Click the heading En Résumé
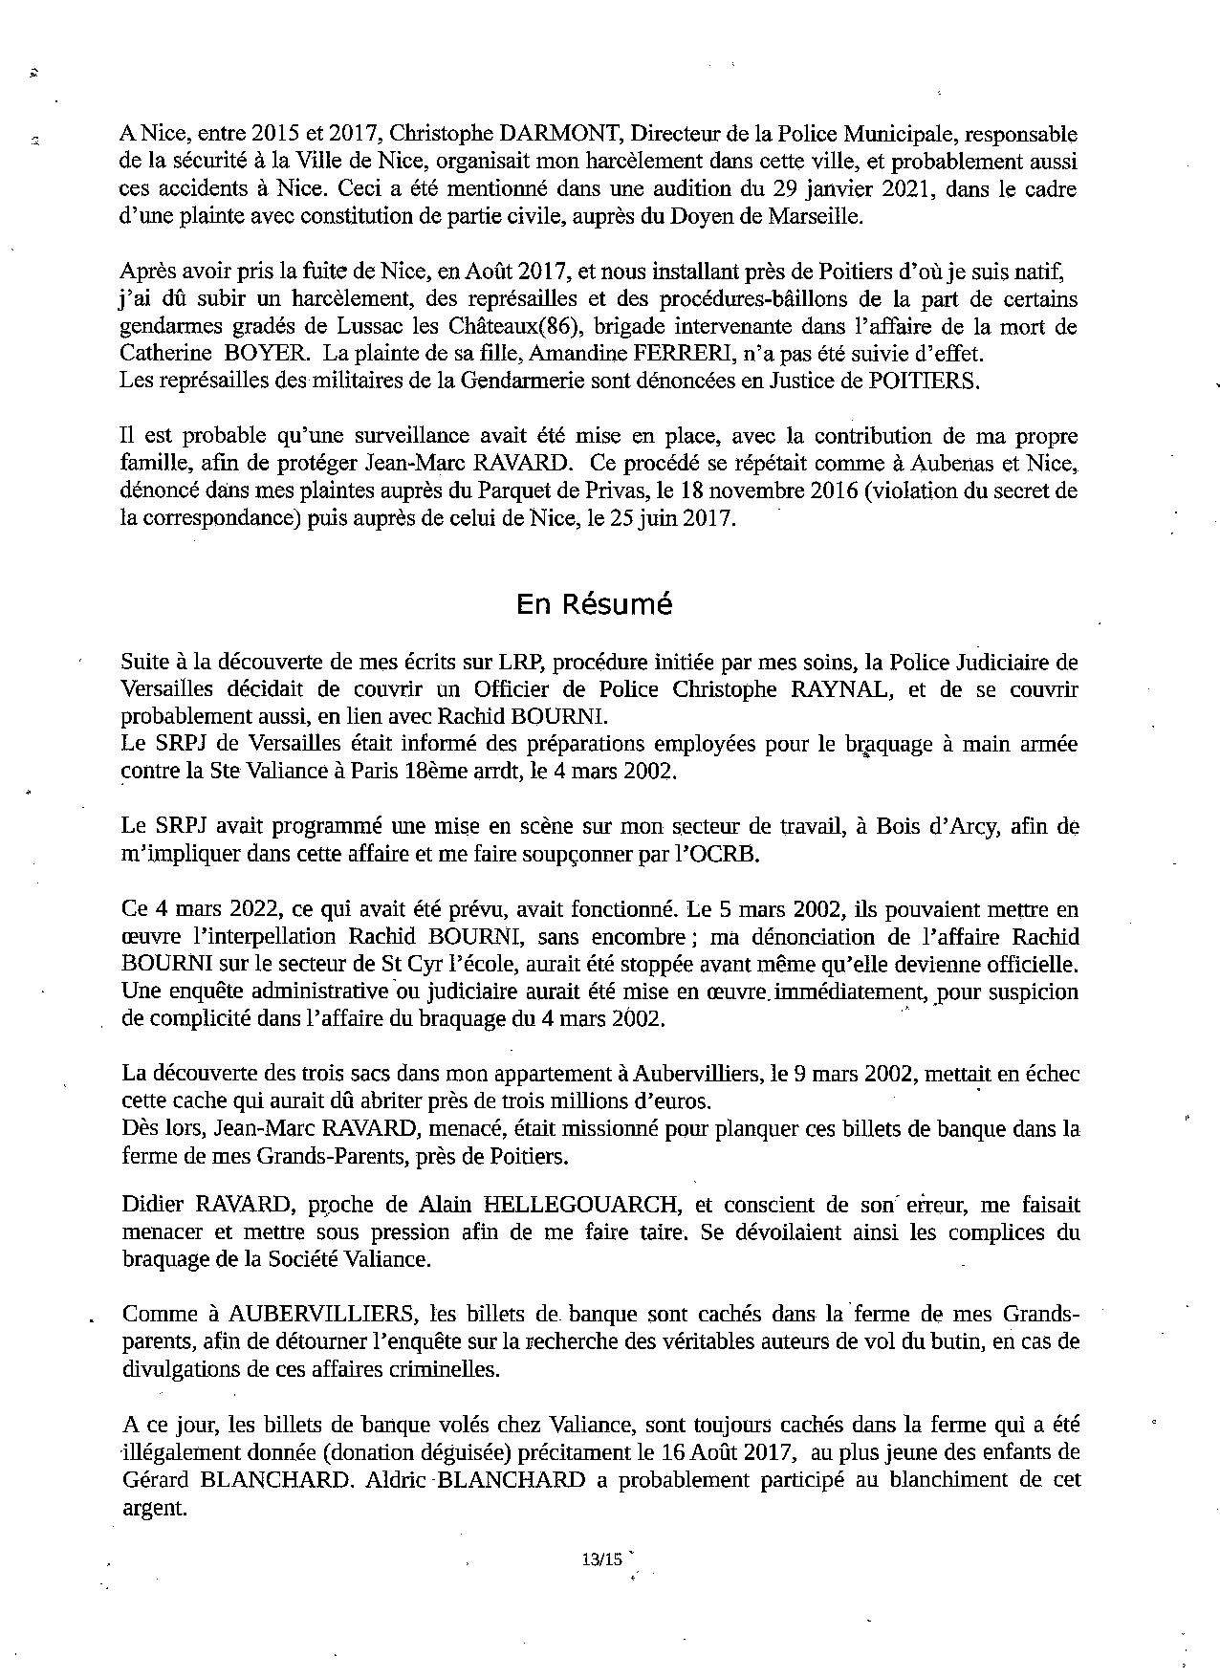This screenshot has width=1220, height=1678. tap(594, 604)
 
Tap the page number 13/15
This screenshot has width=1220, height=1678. tap(600, 1558)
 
